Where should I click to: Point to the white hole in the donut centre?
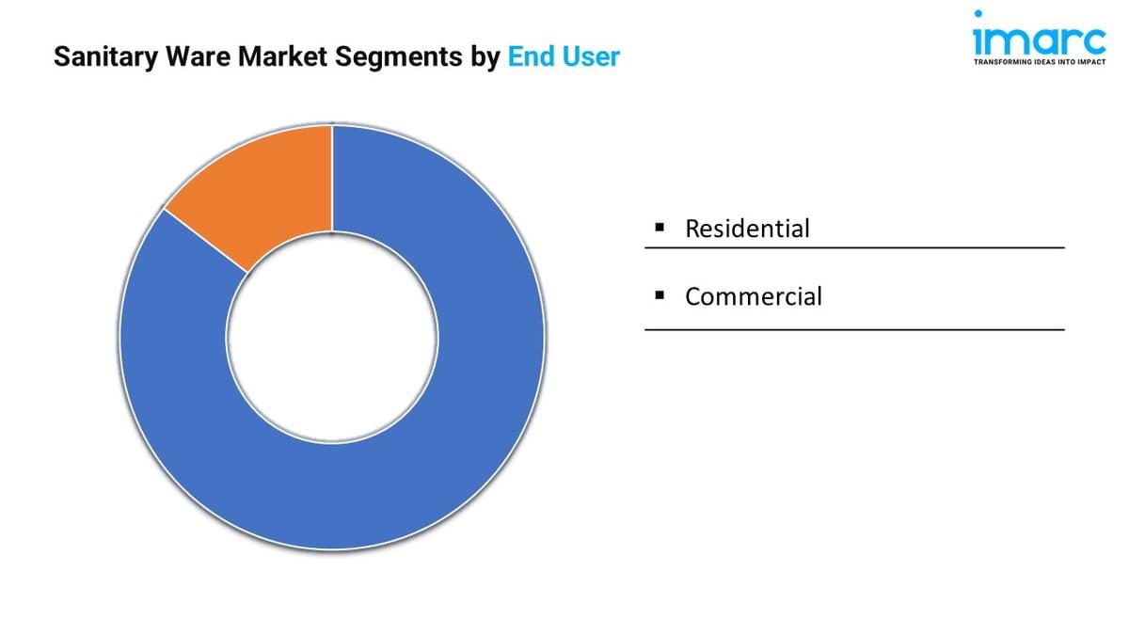click(x=332, y=337)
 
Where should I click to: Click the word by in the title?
click(x=485, y=57)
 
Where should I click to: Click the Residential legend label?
click(x=747, y=228)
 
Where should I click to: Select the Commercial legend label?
click(x=753, y=296)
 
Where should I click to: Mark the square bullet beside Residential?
click(x=660, y=227)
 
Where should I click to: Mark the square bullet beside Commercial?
click(x=660, y=295)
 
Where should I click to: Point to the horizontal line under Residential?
click(x=854, y=248)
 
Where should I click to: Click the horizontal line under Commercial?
click(x=854, y=329)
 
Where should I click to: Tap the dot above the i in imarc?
click(x=980, y=14)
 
